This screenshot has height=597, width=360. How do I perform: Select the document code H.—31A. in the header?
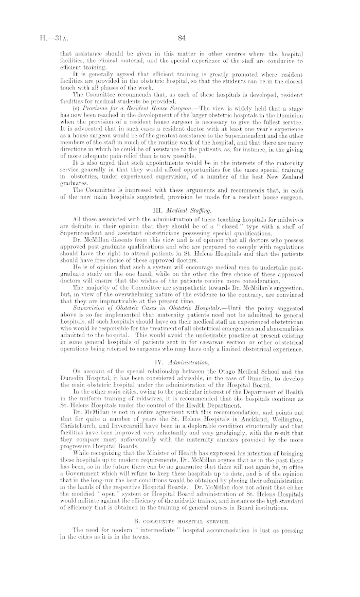point(46,37)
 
